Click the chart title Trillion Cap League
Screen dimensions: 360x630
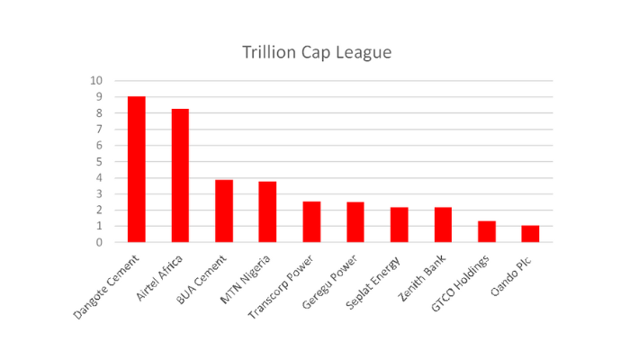click(x=316, y=52)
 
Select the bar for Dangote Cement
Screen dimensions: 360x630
click(x=137, y=169)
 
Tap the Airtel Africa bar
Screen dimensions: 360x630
click(x=180, y=175)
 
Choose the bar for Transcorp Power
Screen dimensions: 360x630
click(x=311, y=221)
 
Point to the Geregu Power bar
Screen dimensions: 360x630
click(x=355, y=222)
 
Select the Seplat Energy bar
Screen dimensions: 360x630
click(x=399, y=225)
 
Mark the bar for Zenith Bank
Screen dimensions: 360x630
click(x=443, y=225)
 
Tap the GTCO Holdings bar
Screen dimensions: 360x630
click(x=486, y=231)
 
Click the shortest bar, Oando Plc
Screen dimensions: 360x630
click(x=530, y=234)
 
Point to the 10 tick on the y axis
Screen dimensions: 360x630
click(x=96, y=81)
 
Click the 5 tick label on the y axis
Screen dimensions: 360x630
click(x=99, y=161)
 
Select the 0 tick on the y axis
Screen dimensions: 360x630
click(x=99, y=242)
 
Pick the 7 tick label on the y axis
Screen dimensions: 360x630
click(x=99, y=129)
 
